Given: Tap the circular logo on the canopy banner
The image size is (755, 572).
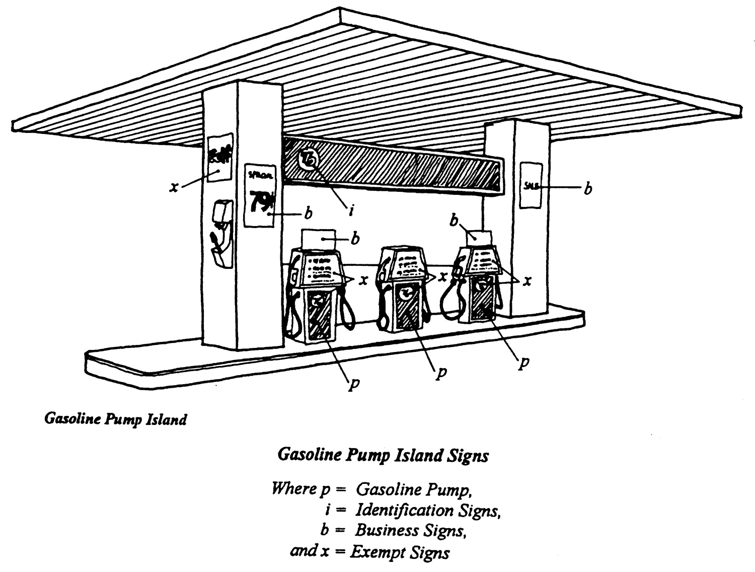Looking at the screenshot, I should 309,160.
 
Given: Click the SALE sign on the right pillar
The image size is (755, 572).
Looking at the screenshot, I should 531,185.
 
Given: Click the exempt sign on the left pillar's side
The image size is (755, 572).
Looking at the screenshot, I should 220,157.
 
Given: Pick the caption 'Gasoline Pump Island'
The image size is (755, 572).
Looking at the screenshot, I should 116,419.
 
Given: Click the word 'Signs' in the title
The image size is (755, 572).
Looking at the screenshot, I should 468,456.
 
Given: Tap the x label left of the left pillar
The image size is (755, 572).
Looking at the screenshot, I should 174,188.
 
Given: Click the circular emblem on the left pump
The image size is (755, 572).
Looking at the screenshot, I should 318,302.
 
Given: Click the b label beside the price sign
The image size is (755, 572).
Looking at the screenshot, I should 308,213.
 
